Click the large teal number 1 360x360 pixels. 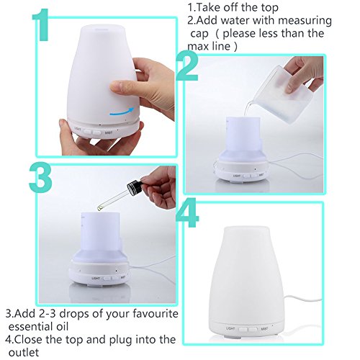coord(41,25)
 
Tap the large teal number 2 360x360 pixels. coord(187,66)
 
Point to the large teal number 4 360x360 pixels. coord(187,213)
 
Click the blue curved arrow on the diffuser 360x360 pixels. coord(122,112)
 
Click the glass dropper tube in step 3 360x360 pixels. coord(113,199)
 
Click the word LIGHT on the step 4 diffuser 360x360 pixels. coord(230,328)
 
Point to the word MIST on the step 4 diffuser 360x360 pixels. coord(264,328)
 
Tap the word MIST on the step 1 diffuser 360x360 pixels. coord(109,132)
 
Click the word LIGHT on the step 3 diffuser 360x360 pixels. coord(96,279)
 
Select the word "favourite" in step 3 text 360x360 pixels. coord(156,314)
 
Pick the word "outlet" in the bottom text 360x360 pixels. coord(24,352)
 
